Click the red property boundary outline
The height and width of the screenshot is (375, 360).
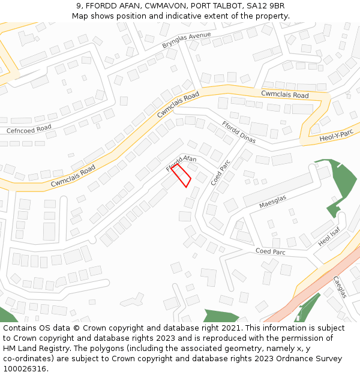pos(181,175)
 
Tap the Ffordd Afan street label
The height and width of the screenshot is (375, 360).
pos(181,163)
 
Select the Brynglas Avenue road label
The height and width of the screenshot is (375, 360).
pos(187,41)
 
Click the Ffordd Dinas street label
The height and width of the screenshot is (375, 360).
pos(239,132)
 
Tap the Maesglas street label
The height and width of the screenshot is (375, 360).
pos(273,201)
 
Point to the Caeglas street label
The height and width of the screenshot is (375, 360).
pos(340,287)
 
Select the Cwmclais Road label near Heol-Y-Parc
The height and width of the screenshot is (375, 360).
pos(285,95)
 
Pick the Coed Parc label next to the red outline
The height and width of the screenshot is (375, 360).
pos(221,172)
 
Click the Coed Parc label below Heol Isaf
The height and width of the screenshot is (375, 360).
pos(270,251)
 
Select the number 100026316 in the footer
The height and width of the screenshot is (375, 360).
pos(25,368)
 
